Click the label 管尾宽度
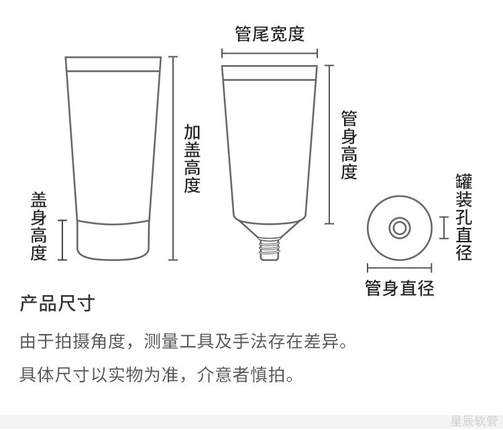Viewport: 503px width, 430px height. [x=270, y=34]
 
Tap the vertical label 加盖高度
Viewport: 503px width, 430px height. [x=192, y=159]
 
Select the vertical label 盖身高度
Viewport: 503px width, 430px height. [x=39, y=226]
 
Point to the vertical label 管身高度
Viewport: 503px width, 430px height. [x=349, y=146]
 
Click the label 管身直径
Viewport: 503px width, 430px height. [x=399, y=288]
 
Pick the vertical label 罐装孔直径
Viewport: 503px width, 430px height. [x=464, y=217]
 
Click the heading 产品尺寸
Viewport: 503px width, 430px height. [x=57, y=304]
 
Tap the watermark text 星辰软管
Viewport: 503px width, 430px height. [x=473, y=421]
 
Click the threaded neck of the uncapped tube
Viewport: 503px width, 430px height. [x=269, y=248]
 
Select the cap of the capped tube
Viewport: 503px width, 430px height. [x=113, y=239]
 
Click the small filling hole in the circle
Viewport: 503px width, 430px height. [x=399, y=228]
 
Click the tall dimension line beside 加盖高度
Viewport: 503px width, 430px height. [x=173, y=158]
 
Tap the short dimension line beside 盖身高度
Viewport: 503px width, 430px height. [x=62, y=239]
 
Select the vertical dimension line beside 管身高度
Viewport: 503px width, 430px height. [x=329, y=144]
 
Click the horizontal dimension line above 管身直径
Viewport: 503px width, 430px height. [x=399, y=268]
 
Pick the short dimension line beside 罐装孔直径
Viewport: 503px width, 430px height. [x=444, y=228]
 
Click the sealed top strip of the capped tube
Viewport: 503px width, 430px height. [x=114, y=64]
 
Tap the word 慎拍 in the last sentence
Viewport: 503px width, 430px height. [x=269, y=374]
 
